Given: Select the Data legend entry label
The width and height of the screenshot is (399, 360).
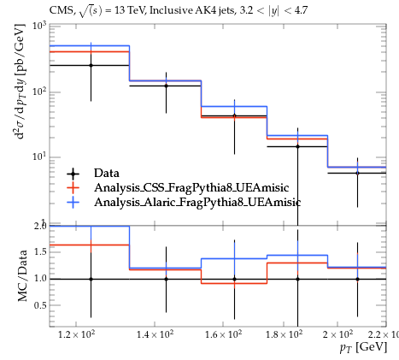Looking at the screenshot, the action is point(107,173).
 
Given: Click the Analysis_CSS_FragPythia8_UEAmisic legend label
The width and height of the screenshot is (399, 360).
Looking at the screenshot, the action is point(191,187).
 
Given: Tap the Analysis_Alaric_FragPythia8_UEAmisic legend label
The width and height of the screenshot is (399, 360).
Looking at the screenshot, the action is point(197,202).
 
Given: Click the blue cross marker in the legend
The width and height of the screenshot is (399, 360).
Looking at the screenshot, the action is point(73,202).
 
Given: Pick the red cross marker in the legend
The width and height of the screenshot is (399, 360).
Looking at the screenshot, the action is point(73,187).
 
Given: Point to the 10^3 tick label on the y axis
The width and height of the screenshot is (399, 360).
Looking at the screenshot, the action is point(39,26).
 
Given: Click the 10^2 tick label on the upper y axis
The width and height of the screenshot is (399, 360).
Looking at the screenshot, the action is point(39,91).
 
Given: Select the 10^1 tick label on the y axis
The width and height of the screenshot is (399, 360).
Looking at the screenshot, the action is point(39,156).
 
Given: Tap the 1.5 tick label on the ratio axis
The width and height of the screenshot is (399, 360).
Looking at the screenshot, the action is point(40,252).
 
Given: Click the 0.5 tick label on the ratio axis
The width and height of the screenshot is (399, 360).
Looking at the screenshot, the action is point(40,305).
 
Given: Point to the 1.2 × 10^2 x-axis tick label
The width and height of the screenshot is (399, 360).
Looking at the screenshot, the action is point(76,333).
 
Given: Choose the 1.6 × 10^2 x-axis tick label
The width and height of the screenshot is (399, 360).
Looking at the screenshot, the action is point(223,333).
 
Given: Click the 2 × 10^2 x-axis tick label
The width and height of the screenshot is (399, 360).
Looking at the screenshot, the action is point(337,333).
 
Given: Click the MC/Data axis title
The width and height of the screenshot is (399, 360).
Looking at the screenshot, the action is point(22,275).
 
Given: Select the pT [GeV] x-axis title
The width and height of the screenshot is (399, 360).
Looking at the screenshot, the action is point(363,348).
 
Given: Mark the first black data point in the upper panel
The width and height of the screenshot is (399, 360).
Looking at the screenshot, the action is point(91,65).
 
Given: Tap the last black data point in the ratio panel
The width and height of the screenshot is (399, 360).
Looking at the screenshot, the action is point(357,280).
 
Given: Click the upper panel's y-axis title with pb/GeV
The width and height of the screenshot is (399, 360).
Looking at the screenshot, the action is point(20,81).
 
